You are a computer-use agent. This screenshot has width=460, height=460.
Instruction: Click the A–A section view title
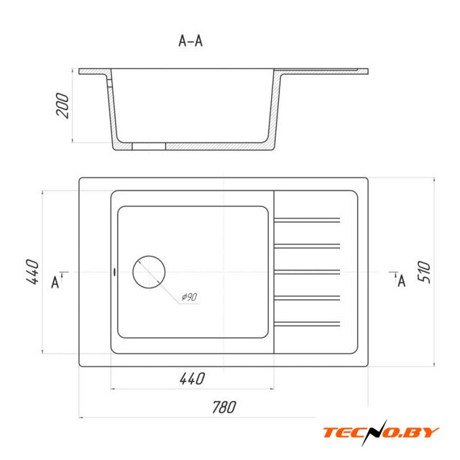(190, 41)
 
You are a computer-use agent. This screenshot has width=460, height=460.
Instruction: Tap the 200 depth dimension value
(63, 106)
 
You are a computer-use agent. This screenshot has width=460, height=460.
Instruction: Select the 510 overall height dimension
(424, 272)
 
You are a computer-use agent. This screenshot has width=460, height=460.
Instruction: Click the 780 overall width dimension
(224, 407)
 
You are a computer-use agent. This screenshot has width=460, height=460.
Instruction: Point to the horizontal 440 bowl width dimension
(192, 379)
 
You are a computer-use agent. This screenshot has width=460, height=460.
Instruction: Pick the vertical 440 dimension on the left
(32, 272)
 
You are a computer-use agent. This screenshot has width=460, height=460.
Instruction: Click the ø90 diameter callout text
(189, 297)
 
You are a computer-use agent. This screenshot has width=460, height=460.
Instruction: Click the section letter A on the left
(55, 282)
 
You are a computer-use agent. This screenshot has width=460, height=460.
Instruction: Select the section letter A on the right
(402, 281)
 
